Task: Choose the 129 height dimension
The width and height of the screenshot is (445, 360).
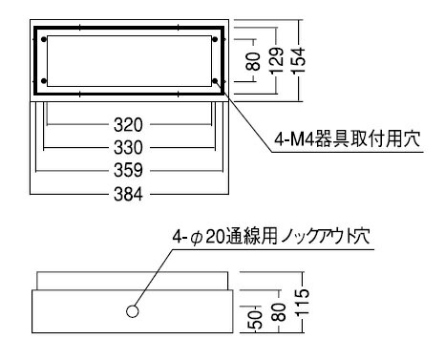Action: tap(277, 61)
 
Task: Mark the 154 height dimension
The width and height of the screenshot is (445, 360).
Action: tap(300, 61)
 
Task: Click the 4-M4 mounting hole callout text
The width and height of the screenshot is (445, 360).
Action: tap(337, 140)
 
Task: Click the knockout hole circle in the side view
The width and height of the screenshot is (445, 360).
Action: tap(133, 311)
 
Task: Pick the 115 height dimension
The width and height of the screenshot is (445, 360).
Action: tap(300, 306)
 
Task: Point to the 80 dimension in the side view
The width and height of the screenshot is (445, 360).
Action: tap(276, 312)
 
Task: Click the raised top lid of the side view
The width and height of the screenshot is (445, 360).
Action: tap(133, 281)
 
